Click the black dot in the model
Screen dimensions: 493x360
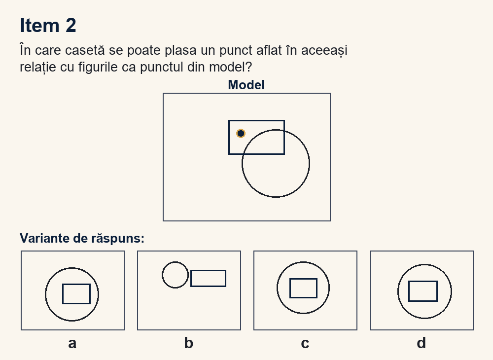241,134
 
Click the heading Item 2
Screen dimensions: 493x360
48,25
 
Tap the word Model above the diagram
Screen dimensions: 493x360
246,85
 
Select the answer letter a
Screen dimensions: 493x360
72,343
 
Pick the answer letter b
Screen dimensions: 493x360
189,343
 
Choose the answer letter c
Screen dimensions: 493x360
305,343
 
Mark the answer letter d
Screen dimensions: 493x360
422,343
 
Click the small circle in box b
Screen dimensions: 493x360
162,275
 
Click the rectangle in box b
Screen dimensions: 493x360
208,270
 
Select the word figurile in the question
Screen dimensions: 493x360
98,67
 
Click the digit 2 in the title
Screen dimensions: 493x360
70,25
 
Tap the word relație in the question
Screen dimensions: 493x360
38,67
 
